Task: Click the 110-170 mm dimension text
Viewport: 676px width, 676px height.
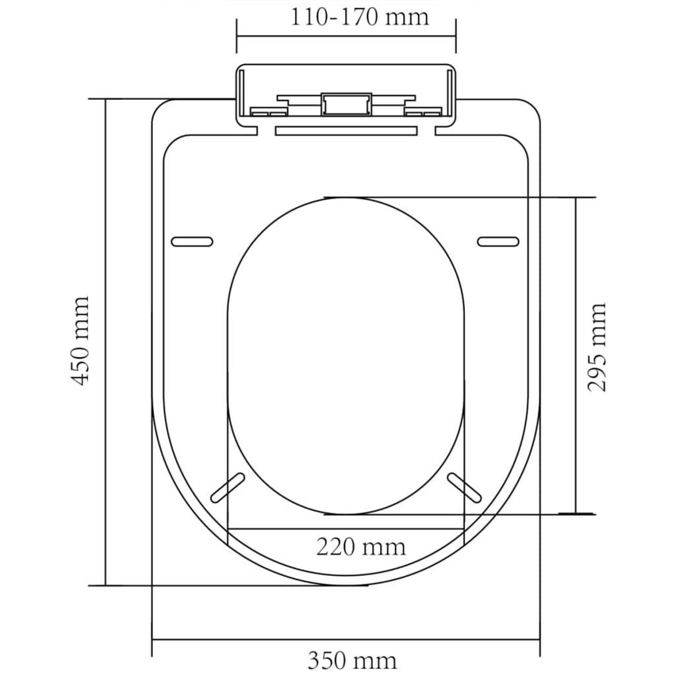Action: (359, 17)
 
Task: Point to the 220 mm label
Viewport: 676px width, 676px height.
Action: (360, 546)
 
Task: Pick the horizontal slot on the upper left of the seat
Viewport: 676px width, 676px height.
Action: (192, 241)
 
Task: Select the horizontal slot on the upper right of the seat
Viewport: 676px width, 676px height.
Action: (497, 241)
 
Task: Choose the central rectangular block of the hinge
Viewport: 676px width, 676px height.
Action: (346, 105)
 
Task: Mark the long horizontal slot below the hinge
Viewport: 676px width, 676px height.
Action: (346, 131)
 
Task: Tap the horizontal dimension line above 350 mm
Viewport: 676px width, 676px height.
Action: (346, 639)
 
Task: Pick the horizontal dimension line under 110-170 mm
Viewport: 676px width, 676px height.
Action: (346, 36)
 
